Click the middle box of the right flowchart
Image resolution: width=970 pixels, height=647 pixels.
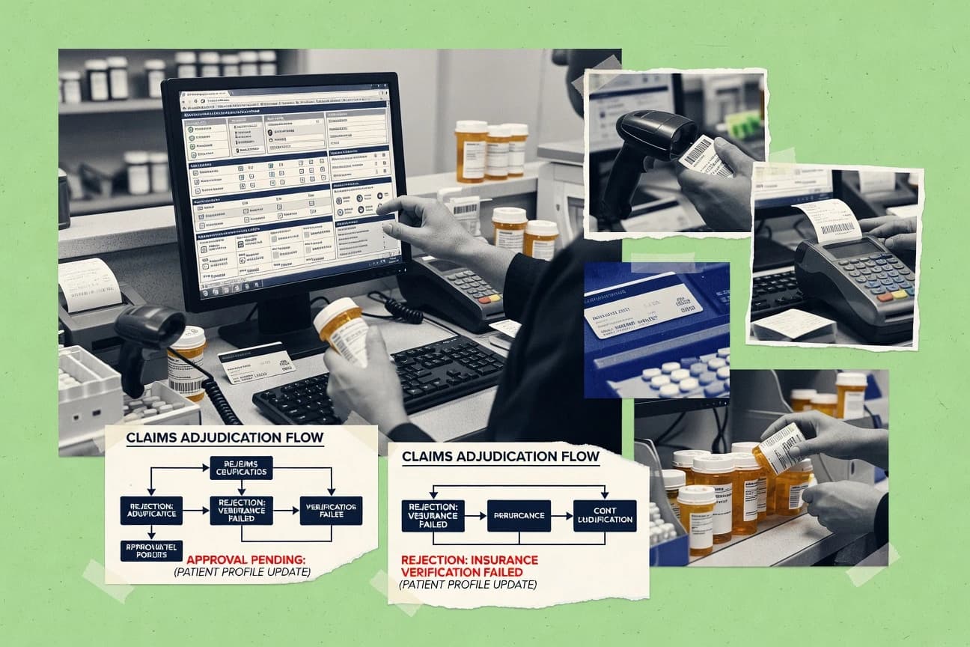click(x=518, y=515)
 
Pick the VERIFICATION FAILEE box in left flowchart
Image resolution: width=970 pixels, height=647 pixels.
click(x=330, y=510)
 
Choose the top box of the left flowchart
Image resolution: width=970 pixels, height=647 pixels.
click(x=241, y=468)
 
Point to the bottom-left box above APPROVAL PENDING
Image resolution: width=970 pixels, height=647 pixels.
click(x=151, y=550)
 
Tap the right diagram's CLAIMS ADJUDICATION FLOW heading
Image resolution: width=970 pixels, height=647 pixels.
click(x=499, y=455)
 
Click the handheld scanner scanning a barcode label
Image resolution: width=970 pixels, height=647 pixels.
click(x=642, y=148)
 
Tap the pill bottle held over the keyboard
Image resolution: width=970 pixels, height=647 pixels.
click(x=342, y=329)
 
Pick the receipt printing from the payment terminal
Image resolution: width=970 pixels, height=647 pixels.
click(x=827, y=219)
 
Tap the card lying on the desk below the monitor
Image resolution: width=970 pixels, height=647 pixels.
click(x=256, y=361)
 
